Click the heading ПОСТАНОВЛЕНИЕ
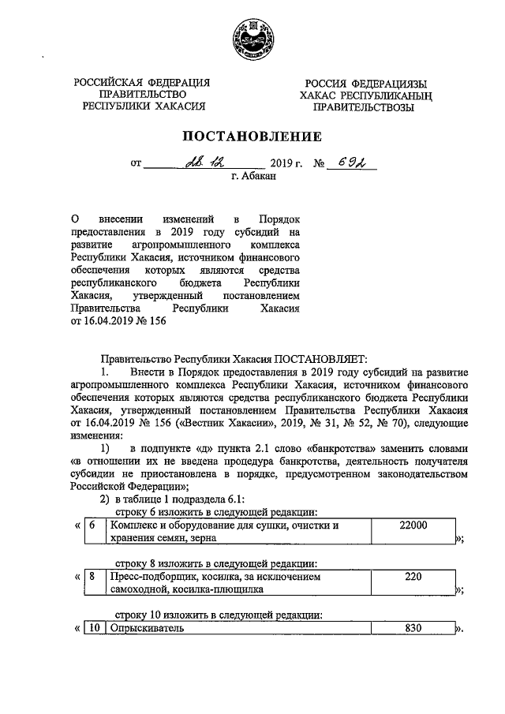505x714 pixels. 252,136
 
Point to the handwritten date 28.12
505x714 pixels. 205,163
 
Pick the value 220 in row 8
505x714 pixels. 414,577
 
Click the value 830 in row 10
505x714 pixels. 414,629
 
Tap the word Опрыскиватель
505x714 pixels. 147,629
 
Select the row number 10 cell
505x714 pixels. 94,629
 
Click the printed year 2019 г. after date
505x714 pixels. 286,164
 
